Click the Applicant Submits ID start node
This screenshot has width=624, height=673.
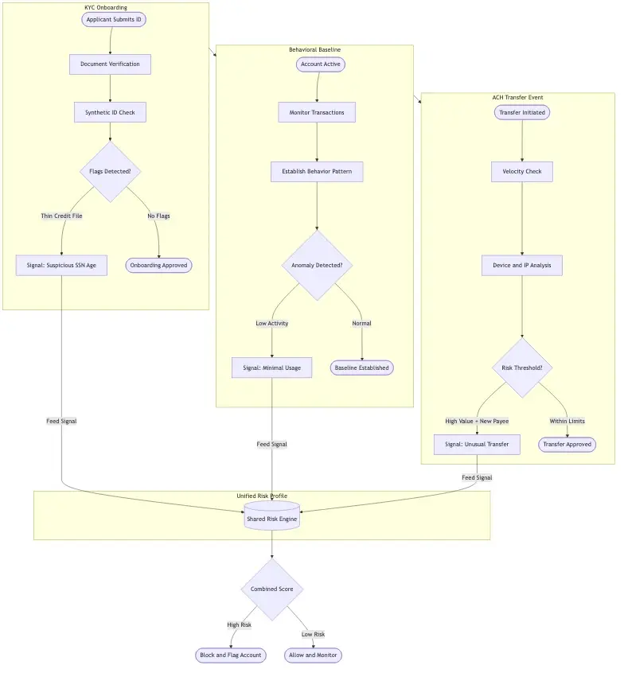tap(114, 19)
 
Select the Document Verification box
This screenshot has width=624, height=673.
tap(110, 64)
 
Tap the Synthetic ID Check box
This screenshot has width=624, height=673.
tap(110, 112)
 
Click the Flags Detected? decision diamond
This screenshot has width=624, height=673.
tap(110, 171)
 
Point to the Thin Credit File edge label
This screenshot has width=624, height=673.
tap(61, 216)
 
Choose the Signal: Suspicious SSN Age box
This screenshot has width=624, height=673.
tap(61, 265)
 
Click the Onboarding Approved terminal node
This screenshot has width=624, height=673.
tap(158, 265)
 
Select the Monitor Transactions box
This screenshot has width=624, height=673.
tap(317, 112)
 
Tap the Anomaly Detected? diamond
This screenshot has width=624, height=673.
tap(317, 265)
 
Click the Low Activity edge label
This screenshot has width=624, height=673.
tap(271, 323)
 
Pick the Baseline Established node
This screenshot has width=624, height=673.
tap(361, 368)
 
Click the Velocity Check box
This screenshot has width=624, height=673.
tap(521, 171)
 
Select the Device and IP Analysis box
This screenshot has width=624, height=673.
tap(521, 265)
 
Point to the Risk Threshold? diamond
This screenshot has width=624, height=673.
tap(521, 368)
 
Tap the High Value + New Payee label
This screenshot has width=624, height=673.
tap(477, 421)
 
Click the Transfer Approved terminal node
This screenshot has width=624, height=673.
tap(567, 444)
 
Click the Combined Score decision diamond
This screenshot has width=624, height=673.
tap(271, 589)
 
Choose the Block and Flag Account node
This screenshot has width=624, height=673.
tap(230, 655)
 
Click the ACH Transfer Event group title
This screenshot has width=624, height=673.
tap(517, 97)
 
